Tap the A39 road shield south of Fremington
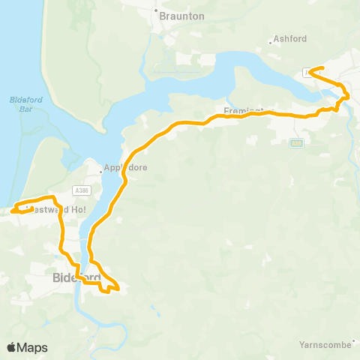296,142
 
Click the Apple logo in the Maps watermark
11,347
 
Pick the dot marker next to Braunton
157,11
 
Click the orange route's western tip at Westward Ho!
13,211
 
